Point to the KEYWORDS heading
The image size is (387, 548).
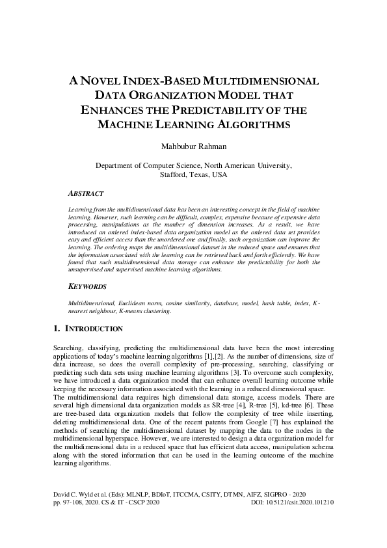[x=88, y=286]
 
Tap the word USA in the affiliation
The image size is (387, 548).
[x=219, y=175]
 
